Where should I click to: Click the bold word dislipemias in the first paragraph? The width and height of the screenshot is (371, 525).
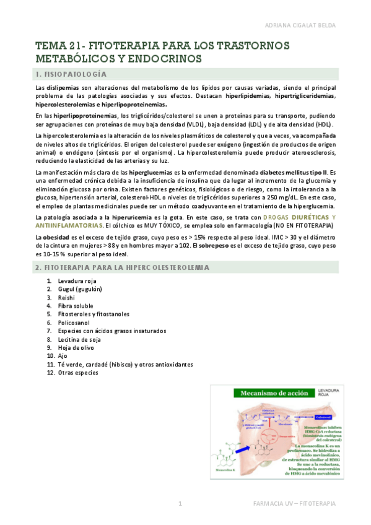61,89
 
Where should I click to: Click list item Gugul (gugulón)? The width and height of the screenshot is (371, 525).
80,289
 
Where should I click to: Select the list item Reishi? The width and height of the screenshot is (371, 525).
67,298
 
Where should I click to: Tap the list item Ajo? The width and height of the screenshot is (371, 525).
62,356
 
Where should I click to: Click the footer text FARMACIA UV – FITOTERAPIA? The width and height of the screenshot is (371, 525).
294,504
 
